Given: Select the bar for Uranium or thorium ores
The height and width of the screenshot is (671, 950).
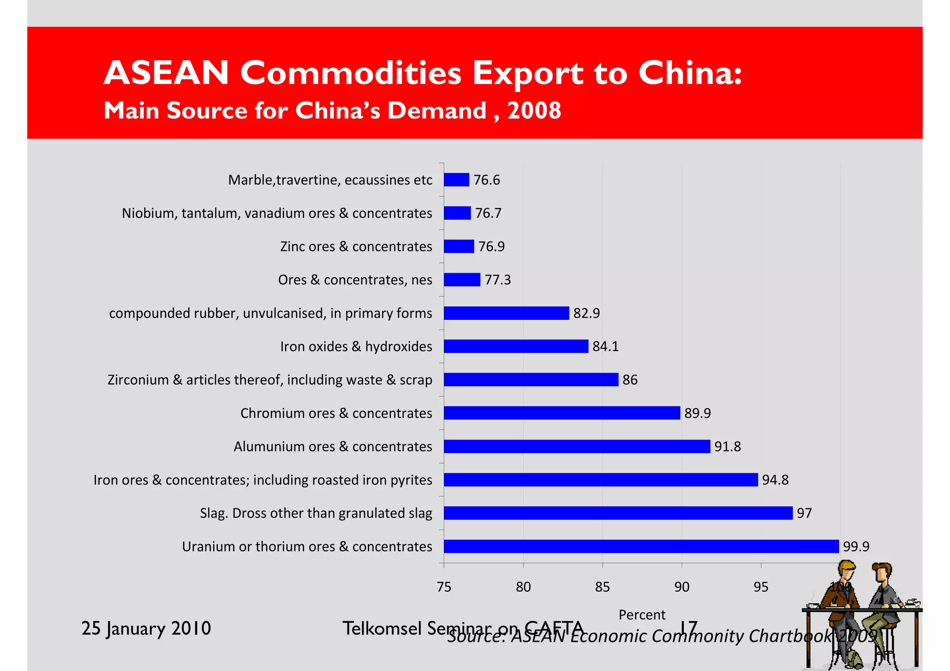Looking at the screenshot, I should pos(641,546).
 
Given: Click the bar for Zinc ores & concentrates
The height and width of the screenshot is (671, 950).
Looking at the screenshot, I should pos(459,246).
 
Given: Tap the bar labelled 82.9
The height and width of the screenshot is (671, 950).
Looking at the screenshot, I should pos(506,313).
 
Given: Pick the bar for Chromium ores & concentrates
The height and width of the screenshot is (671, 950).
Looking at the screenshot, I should pos(562,413).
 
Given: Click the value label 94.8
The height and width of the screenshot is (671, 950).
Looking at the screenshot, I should pos(775,479).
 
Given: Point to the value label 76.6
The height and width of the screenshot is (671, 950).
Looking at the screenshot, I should pos(487,179).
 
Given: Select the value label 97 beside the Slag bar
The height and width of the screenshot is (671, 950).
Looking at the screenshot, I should pos(804,513).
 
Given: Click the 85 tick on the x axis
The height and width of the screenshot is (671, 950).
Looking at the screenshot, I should pos(602,587).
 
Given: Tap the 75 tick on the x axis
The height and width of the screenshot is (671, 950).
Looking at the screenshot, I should pos(444,587).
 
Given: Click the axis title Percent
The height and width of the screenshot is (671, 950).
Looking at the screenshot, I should pos(642,615).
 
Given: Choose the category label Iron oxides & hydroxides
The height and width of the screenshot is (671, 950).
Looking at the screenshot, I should pos(356,346).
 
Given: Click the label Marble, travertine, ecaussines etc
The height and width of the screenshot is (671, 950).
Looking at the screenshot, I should pos(330,179).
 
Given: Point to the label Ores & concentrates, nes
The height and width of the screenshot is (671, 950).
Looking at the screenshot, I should pos(355,280).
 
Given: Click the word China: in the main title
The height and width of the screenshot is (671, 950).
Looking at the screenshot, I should pos(690,73).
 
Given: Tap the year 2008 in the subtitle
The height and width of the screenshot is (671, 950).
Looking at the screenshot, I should pos(534,111).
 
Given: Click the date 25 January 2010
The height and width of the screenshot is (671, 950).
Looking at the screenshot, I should pos(146,628).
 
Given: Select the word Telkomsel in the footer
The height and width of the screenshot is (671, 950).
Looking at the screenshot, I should pos(382,628).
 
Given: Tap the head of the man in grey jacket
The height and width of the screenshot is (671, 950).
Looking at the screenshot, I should pos(881,572).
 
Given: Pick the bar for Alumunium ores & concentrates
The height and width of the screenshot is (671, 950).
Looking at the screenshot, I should pos(577,446).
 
